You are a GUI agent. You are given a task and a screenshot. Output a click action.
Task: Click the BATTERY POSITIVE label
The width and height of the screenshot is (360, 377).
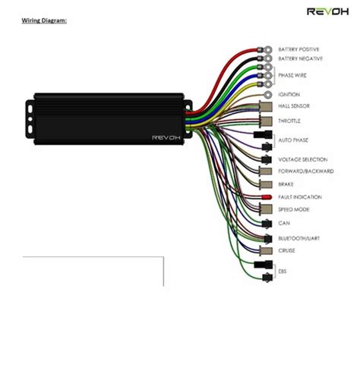[x=299, y=49]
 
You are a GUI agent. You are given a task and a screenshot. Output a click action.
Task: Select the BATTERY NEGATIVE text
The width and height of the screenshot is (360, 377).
[x=300, y=58]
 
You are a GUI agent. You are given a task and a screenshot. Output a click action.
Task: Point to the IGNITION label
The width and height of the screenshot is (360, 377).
[x=289, y=95]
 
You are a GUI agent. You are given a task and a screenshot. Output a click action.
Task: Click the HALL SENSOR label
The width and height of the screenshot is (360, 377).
[x=293, y=106]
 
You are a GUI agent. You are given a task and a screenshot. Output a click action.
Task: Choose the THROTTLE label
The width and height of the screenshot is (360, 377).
[x=289, y=121]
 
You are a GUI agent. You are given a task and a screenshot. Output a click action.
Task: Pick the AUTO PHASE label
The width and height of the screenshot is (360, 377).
[x=292, y=141]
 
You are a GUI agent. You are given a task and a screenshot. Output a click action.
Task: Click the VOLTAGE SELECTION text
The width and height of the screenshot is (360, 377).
[x=302, y=159]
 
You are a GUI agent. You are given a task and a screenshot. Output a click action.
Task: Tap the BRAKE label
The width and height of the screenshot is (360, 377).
[x=286, y=184]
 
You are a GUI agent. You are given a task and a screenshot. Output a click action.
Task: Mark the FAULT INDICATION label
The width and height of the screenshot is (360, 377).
[x=299, y=197]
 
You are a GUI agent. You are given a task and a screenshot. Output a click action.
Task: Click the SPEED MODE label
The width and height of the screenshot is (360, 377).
[x=293, y=209]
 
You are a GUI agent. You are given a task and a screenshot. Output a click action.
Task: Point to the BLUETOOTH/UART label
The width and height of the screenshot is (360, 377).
[x=298, y=238]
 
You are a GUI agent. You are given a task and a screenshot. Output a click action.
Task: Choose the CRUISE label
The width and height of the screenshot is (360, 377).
[x=286, y=250]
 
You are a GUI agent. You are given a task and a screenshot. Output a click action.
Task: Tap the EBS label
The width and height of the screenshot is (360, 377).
[x=283, y=271]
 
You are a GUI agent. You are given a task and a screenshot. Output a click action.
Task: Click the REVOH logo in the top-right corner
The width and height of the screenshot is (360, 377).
[x=327, y=11]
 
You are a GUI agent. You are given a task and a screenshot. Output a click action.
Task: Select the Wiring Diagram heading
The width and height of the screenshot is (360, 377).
[x=43, y=20]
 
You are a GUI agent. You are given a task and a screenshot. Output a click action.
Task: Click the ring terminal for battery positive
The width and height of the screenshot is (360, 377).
[x=262, y=49]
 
